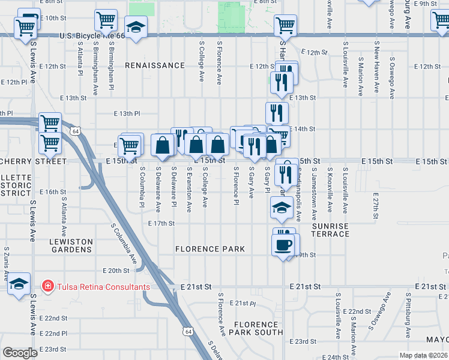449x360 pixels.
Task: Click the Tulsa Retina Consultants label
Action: [103, 286]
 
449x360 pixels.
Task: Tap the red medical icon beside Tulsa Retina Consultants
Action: [48, 286]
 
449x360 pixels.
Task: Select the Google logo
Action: [20, 353]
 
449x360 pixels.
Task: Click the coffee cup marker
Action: [283, 244]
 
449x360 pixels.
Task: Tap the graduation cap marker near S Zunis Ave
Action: [19, 283]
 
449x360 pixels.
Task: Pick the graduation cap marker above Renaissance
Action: [136, 27]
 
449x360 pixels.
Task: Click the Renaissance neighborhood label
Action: [155, 65]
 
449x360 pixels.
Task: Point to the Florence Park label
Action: [210, 248]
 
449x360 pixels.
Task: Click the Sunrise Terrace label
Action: [330, 229]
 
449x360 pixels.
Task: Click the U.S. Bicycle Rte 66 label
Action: [93, 36]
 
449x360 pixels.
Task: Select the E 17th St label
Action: [161, 223]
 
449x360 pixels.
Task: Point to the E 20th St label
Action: [116, 271]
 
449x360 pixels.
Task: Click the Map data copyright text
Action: [424, 355]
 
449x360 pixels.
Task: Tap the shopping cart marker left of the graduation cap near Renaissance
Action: [106, 20]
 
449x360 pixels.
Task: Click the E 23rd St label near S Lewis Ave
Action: [53, 349]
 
